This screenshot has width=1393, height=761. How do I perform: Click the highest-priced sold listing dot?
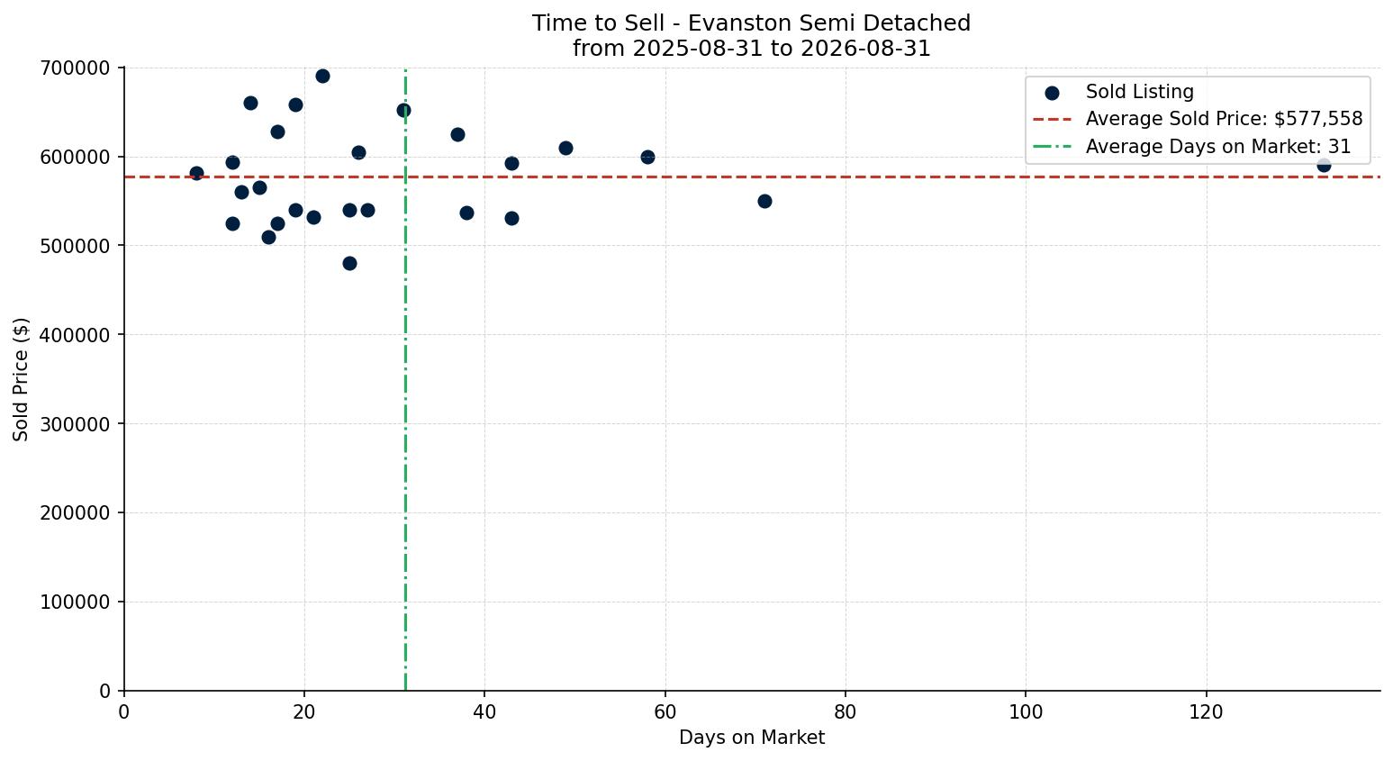click(x=322, y=77)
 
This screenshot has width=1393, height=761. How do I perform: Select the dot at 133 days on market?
click(x=1324, y=166)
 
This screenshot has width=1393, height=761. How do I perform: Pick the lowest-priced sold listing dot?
click(x=349, y=264)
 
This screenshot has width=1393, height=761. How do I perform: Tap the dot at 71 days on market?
click(x=764, y=202)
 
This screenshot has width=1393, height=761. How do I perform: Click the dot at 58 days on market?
click(x=647, y=158)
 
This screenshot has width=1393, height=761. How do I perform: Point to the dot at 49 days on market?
click(x=565, y=148)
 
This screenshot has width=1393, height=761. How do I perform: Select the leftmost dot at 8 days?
click(x=196, y=174)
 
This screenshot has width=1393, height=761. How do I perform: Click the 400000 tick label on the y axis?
click(x=75, y=335)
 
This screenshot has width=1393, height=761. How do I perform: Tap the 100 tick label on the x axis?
click(x=1026, y=711)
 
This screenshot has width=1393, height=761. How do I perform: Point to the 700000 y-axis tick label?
click(x=75, y=68)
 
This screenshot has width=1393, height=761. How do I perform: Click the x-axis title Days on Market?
click(x=751, y=738)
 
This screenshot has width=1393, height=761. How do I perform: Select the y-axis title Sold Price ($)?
click(x=21, y=379)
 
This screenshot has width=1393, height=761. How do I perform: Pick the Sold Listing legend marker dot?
click(x=1052, y=94)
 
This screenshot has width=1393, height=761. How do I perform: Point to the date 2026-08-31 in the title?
click(x=865, y=49)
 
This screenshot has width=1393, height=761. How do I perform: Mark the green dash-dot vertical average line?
click(x=405, y=379)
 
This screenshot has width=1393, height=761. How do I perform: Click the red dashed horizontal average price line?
click(x=752, y=177)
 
